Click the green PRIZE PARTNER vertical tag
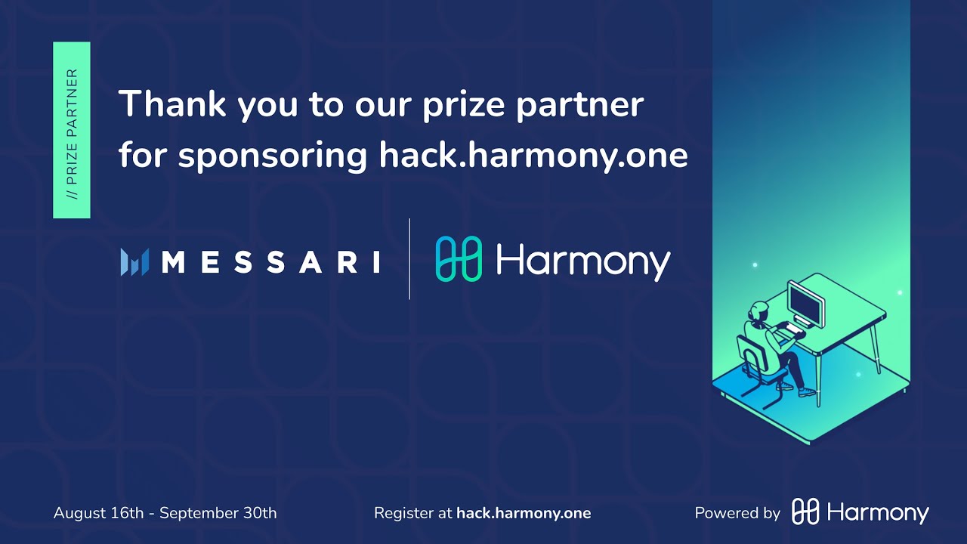pos(72,130)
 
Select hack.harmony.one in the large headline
pos(533,155)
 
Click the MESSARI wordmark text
pos(270,262)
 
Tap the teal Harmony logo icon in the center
pos(459,259)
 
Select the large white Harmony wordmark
pos(583,261)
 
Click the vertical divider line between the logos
pos(409,259)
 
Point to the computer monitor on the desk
pos(805,303)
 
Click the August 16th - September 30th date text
pos(165,513)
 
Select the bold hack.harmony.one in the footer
pos(524,513)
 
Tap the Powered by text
pos(737,513)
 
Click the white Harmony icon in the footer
pos(805,512)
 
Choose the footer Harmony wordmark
pos(878,513)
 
